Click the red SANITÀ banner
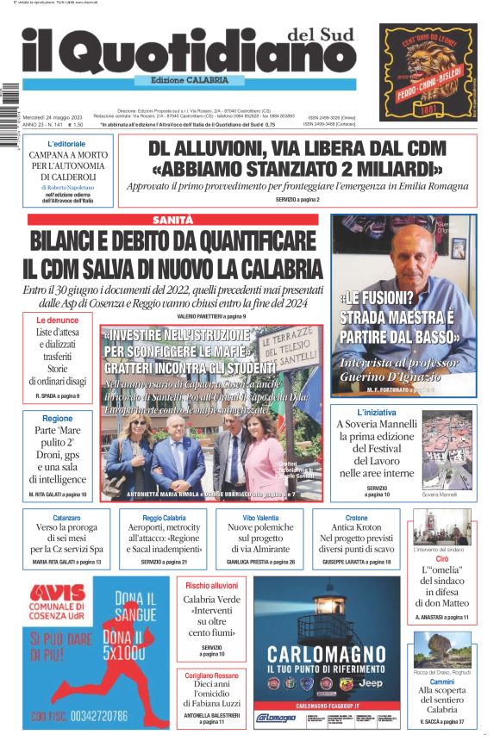click(172, 220)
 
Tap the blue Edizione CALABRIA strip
click(183, 80)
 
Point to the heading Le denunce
click(58, 320)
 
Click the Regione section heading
click(58, 418)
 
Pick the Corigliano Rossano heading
click(212, 675)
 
